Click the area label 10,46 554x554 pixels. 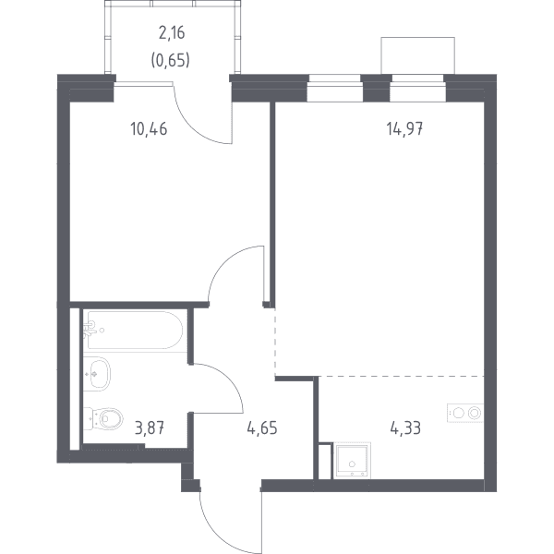point(149,129)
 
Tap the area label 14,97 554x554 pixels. point(404,129)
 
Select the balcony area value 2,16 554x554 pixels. point(172,33)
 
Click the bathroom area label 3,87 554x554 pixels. point(150,428)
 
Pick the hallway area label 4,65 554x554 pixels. point(262,428)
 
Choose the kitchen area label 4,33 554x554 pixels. point(405,428)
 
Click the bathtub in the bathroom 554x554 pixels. point(135,330)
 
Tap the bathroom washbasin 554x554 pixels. point(97,374)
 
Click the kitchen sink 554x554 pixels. point(352,461)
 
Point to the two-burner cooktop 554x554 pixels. point(465,413)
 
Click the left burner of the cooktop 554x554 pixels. point(458,413)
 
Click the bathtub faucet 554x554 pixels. point(90,330)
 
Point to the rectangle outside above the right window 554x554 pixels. point(417,55)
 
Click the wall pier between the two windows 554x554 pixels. point(377,89)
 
